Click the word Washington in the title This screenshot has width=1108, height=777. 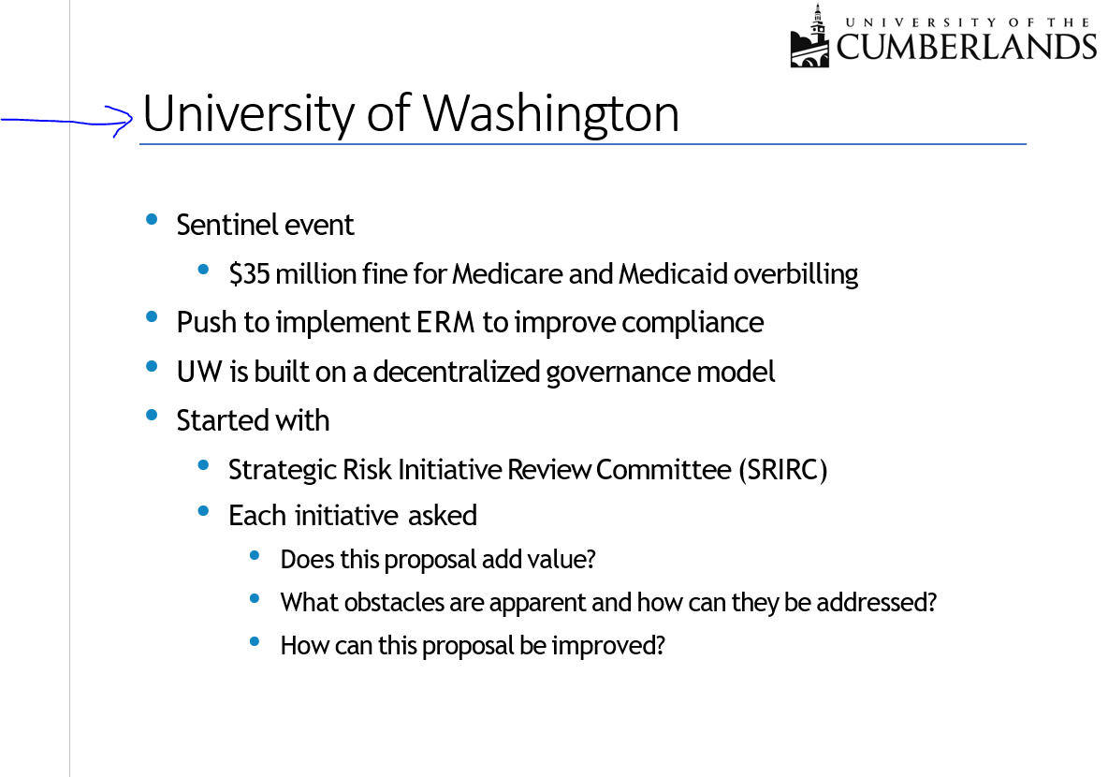(x=550, y=114)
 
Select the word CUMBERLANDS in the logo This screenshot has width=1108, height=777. (x=967, y=47)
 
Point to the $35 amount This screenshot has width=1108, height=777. (x=250, y=274)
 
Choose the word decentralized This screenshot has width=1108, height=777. (x=457, y=372)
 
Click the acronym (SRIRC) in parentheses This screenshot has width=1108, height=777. (x=782, y=469)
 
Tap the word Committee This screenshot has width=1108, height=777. (x=663, y=469)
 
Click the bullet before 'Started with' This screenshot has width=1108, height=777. (x=152, y=415)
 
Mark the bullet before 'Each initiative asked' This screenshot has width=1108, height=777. (x=203, y=510)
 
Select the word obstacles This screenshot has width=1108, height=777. (x=394, y=602)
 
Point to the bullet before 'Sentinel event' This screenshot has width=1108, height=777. (x=152, y=219)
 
